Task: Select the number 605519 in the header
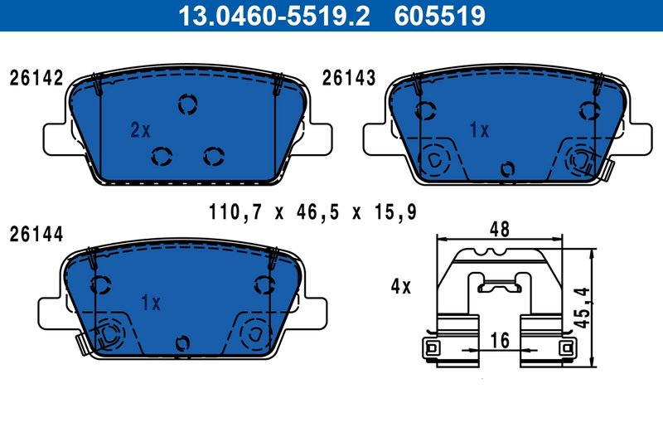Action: click(440, 15)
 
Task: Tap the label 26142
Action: click(36, 79)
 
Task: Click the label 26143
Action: click(349, 79)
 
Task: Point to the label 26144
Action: click(36, 235)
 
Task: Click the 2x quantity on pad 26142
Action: click(140, 130)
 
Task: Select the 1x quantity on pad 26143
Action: click(479, 130)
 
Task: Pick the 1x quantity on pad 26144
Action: click(150, 304)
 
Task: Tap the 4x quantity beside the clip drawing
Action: click(400, 287)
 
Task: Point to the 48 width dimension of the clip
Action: click(499, 230)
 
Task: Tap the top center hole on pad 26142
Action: click(188, 104)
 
